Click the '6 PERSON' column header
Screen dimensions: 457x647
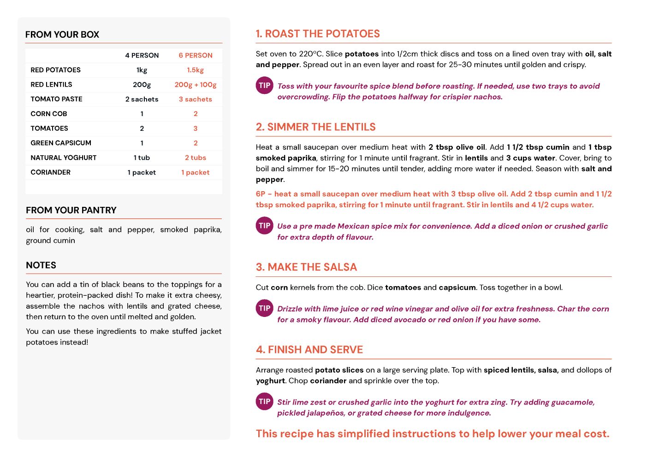[x=196, y=55]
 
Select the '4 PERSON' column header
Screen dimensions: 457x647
[x=142, y=55]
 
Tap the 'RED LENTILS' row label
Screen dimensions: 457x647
[x=51, y=84]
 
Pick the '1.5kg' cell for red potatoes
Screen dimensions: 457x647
[x=195, y=70]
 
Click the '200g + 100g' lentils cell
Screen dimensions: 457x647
[x=195, y=84]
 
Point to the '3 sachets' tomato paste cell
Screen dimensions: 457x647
[x=195, y=99]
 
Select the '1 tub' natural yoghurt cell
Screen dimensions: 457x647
[x=142, y=158]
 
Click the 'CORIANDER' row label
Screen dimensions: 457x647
[x=50, y=172]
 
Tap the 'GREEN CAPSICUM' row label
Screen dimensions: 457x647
[x=61, y=143]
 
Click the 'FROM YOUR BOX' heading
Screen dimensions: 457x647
[x=62, y=35]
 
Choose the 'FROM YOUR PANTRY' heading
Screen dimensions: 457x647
[x=71, y=210]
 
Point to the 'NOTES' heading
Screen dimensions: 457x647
[x=41, y=265]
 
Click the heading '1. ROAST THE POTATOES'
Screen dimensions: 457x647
[x=318, y=34]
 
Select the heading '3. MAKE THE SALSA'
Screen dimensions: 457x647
[x=306, y=267]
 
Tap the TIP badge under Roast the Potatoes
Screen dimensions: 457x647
[x=265, y=86]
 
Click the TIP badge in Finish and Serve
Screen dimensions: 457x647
[x=265, y=401]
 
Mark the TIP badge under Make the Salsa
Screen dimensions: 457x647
[x=265, y=308]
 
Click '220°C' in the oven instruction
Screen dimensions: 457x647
[x=311, y=54]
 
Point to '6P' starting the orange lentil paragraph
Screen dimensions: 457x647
[x=261, y=194]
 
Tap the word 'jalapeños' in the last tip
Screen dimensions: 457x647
[x=326, y=413]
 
